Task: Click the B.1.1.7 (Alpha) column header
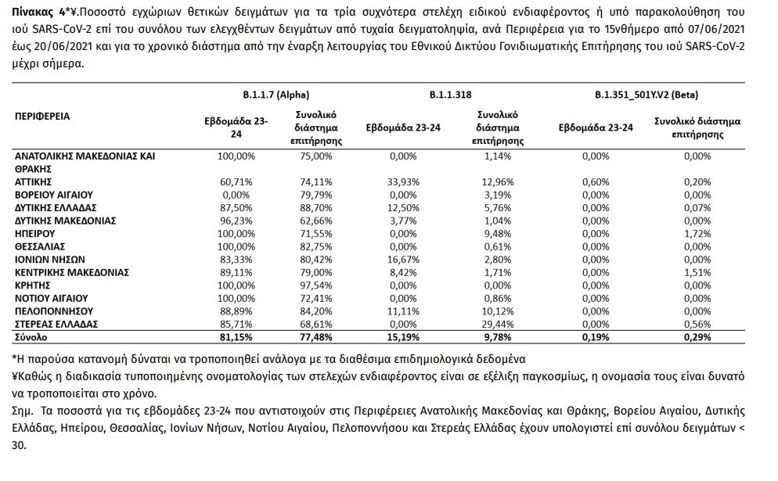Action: [x=274, y=95]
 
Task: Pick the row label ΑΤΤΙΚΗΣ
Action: [x=36, y=181]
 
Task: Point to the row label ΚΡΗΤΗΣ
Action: [x=34, y=285]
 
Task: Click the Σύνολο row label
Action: [x=32, y=337]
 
